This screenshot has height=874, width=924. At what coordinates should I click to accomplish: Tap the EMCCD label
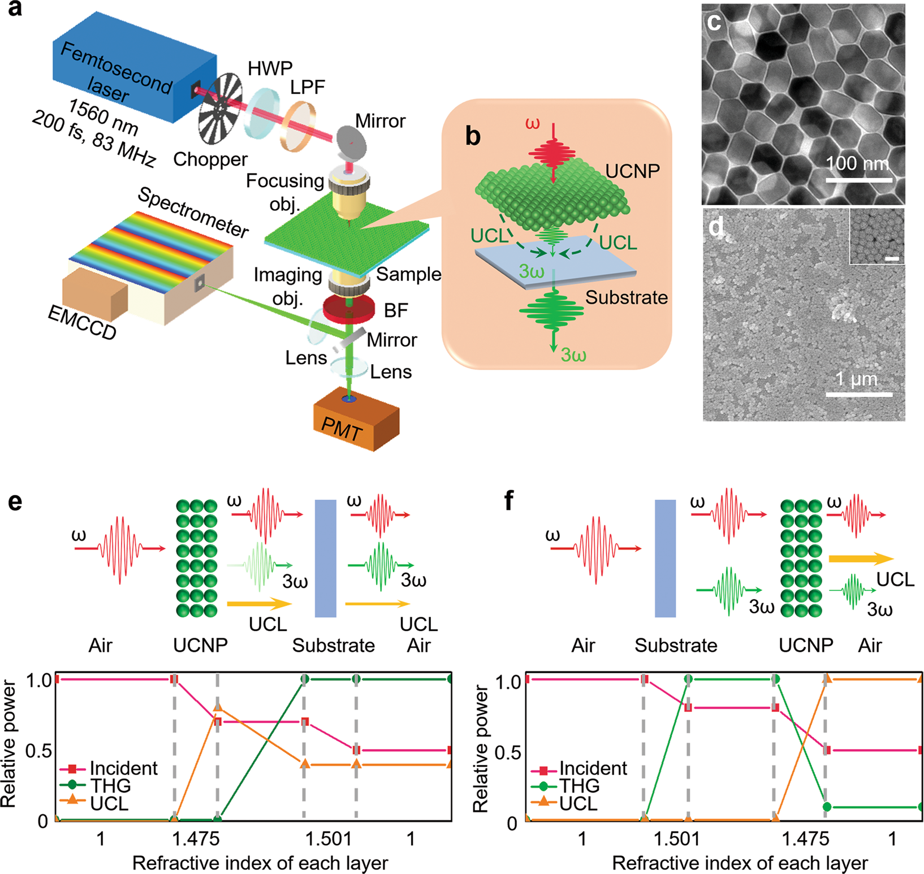point(82,323)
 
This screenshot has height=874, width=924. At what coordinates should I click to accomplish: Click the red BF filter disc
point(349,309)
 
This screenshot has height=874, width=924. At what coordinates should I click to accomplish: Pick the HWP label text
point(270,69)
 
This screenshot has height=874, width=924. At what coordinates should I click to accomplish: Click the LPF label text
point(308,87)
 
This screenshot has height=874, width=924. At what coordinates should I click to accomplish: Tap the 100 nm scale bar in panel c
point(859,180)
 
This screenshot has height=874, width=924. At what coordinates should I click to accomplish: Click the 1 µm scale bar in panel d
point(859,394)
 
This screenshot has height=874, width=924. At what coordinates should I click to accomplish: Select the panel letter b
point(473,136)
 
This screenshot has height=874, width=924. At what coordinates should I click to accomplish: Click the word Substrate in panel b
point(627,297)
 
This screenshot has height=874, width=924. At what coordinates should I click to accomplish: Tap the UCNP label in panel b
point(632,171)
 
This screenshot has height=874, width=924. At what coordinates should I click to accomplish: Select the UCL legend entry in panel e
point(109,803)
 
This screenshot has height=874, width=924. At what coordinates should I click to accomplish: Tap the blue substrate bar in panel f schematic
point(665,558)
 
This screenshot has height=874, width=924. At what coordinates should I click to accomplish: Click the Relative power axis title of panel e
point(8,744)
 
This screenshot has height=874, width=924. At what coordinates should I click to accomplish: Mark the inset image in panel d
point(876,236)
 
